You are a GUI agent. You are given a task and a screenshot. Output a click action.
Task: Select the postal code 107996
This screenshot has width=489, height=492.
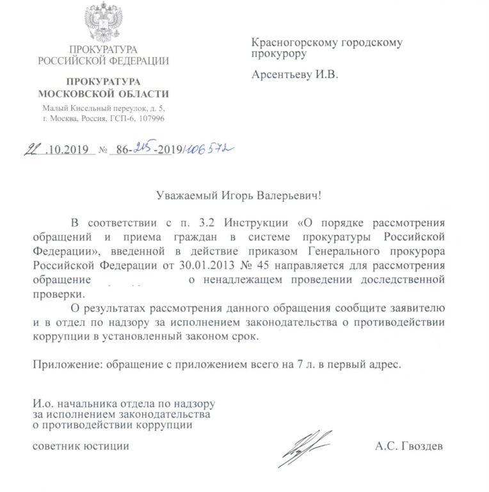pos(149,119)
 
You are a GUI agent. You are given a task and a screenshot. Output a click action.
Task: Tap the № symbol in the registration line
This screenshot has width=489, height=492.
pos(102,151)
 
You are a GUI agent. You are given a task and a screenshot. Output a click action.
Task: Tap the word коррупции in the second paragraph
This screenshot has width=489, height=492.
pos(58,336)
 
